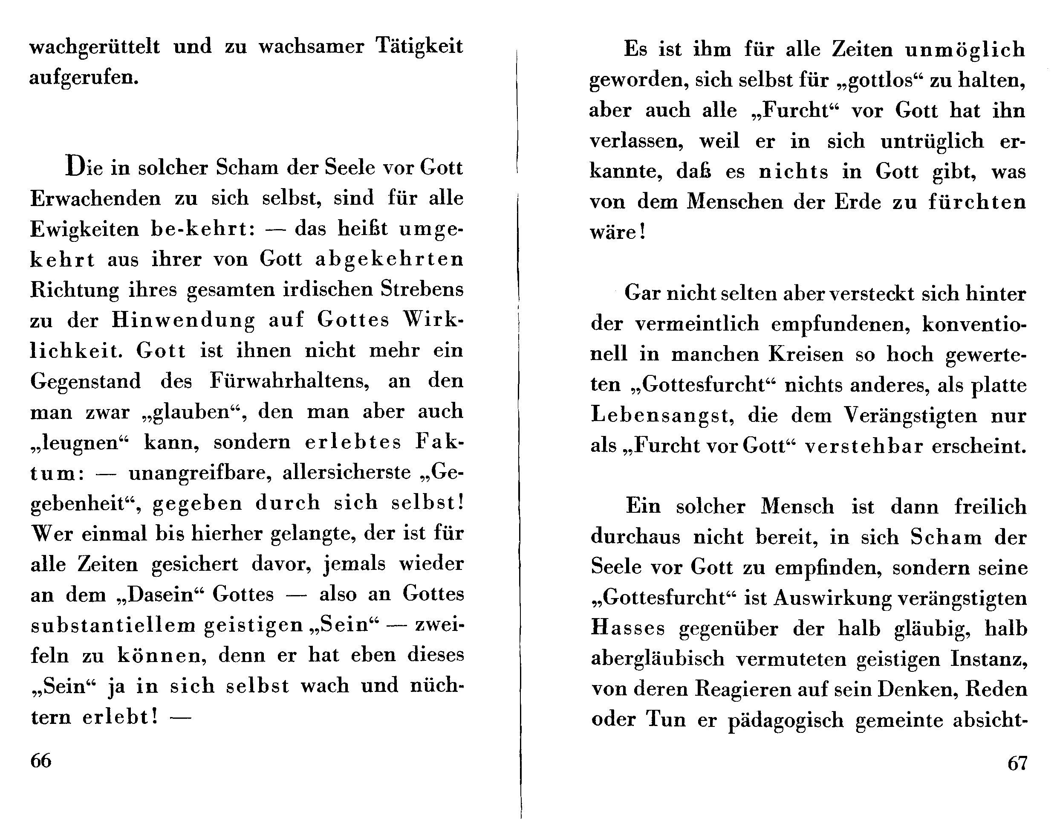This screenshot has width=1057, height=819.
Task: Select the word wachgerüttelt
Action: tap(94, 47)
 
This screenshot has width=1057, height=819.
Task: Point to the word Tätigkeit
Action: tap(419, 47)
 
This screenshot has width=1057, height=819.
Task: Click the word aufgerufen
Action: tap(84, 78)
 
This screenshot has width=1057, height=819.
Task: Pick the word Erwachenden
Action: tap(95, 199)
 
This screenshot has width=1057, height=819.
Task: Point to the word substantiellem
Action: tap(113, 625)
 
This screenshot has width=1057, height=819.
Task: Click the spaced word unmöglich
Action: tap(965, 49)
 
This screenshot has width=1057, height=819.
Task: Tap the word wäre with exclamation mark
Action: tap(618, 232)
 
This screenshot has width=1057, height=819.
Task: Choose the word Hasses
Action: tap(628, 628)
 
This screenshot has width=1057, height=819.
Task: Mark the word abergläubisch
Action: tap(658, 659)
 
